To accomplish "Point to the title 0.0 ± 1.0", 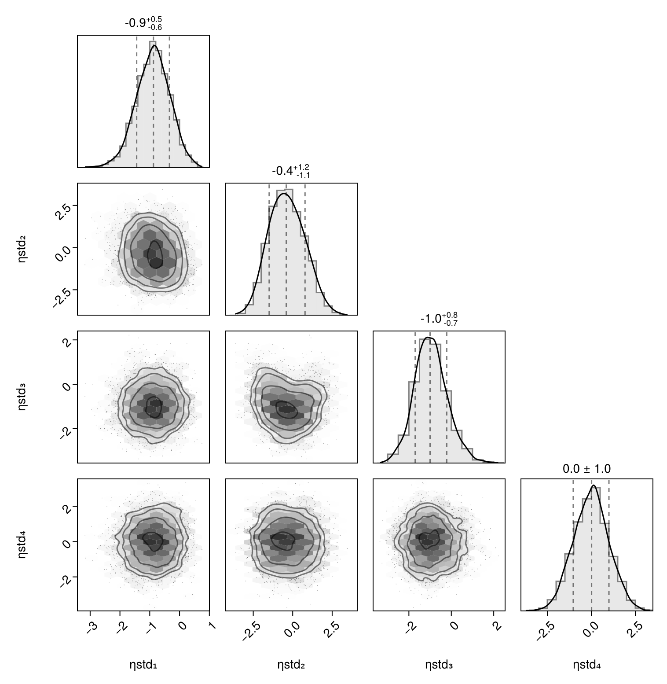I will coord(586,469).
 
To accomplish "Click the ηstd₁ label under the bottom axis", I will coord(143,665).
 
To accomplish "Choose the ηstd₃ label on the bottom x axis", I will coord(439,665).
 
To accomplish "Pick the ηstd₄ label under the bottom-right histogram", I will coord(586,665).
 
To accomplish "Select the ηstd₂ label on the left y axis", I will coord(22,249).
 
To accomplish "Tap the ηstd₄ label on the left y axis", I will coord(22,545).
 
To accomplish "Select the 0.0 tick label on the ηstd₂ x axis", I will coord(291,629).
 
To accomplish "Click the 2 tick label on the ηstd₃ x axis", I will coord(496,626).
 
